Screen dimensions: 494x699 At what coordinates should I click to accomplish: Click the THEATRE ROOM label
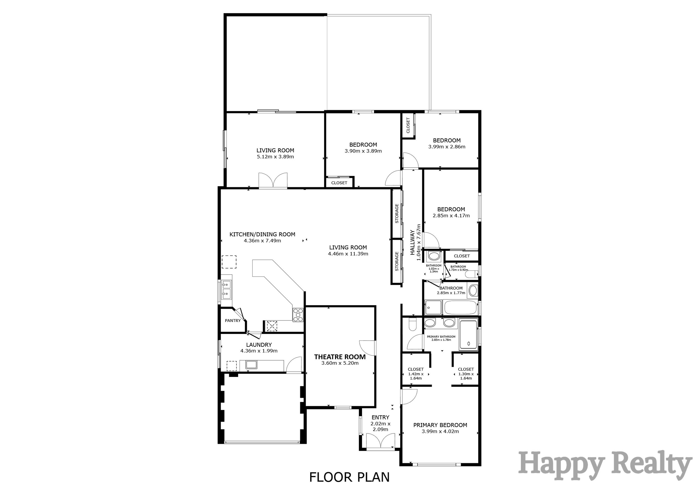340,357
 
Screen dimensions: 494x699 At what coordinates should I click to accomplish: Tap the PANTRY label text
233,321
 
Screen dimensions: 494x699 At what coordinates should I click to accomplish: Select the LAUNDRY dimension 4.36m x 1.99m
259,351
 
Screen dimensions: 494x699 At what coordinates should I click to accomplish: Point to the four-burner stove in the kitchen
298,315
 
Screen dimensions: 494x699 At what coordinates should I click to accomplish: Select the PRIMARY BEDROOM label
440,425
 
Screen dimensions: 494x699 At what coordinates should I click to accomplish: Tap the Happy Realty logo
604,466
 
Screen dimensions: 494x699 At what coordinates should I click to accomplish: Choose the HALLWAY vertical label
412,242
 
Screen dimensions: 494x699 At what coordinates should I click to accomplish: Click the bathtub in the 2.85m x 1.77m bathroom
460,308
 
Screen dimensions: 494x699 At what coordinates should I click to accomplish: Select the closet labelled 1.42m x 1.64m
416,374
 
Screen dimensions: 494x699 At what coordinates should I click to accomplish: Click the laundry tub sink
251,364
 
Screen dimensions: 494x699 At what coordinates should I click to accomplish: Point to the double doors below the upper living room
273,180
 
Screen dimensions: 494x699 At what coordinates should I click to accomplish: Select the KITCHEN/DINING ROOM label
262,234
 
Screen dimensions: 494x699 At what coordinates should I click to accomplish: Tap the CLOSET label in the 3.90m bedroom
339,183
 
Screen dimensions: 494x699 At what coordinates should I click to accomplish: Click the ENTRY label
380,417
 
